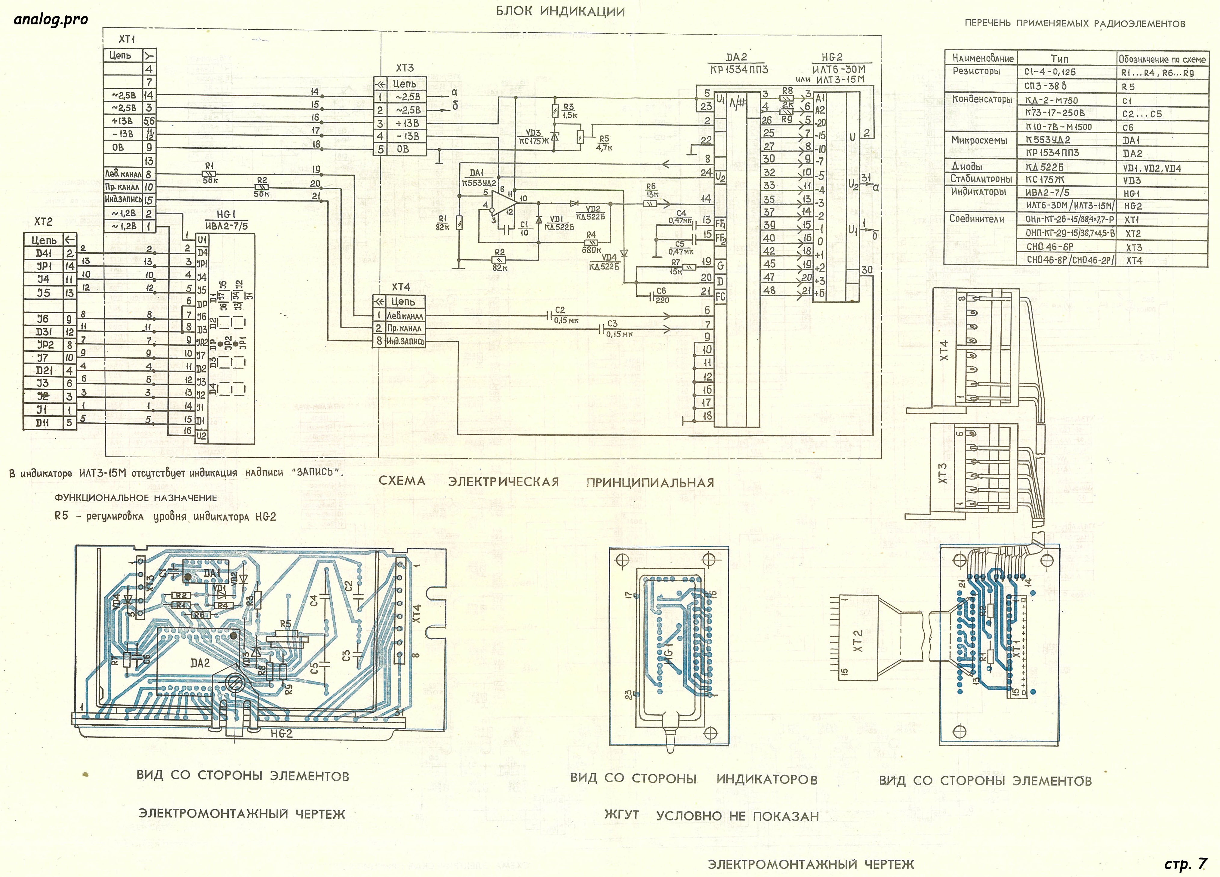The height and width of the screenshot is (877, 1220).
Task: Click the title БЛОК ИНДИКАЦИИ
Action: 560,11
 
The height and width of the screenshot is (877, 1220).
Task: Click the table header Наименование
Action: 982,58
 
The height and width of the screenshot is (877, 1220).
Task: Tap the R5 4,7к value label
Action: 604,143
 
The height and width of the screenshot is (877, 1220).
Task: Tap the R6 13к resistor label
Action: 652,190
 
